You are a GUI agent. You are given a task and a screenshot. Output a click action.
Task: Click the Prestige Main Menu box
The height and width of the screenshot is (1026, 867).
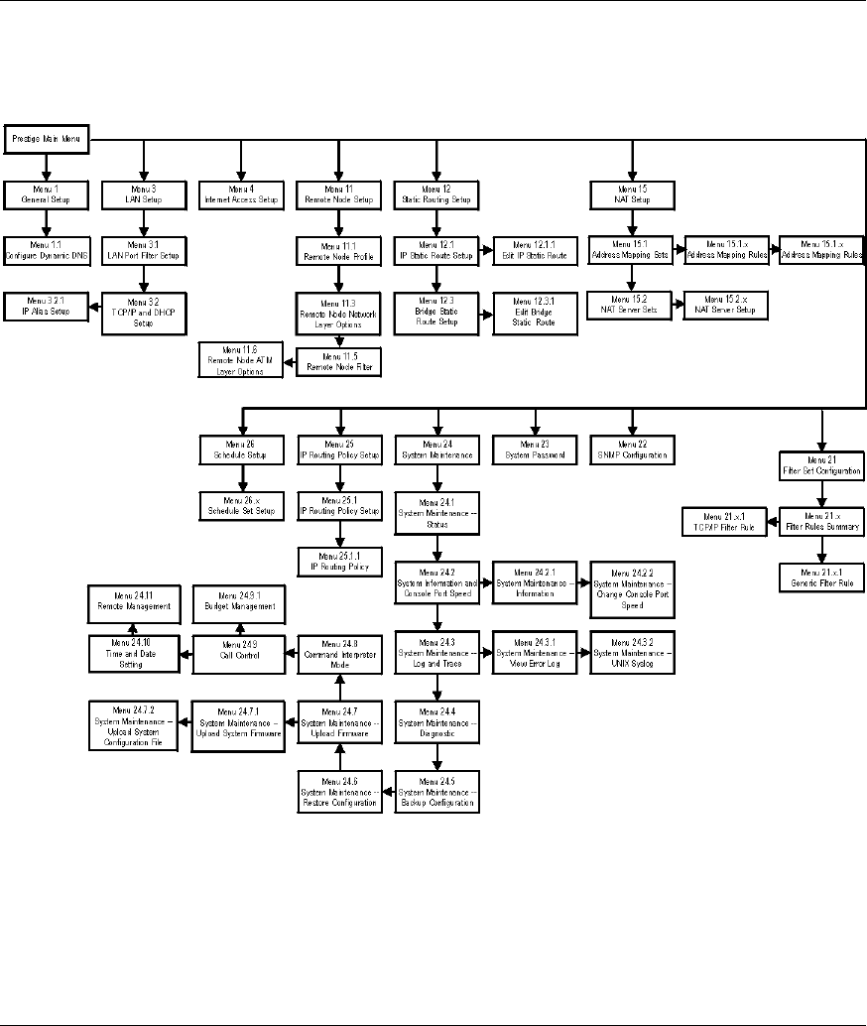49,139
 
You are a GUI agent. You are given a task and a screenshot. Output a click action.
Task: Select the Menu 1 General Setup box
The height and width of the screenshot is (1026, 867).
48,193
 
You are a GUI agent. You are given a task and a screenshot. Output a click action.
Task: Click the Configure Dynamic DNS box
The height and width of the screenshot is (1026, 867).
48,249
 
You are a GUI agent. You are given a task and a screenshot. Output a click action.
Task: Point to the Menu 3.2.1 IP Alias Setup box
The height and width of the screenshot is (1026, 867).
48,303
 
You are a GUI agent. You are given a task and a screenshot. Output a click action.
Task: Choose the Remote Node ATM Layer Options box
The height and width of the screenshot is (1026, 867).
241,358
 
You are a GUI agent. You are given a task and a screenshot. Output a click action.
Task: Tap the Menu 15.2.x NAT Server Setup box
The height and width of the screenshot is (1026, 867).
723,304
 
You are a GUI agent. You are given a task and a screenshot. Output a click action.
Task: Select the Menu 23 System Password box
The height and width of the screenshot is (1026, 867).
535,449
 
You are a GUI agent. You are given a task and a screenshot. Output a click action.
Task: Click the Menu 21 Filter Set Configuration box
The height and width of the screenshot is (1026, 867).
822,463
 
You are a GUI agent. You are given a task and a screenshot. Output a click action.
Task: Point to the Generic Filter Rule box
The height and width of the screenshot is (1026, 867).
822,577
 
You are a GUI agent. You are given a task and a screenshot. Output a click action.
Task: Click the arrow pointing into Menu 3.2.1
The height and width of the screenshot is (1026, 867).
96,303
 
